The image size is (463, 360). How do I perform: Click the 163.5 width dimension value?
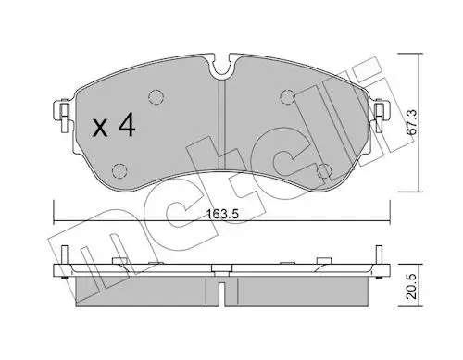(223, 214)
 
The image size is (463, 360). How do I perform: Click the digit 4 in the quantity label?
(127, 124)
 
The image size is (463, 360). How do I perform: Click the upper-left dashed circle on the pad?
(156, 97)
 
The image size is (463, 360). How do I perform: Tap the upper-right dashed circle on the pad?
(287, 97)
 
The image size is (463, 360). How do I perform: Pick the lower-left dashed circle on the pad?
(119, 170)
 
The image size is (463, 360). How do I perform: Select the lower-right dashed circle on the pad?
(324, 171)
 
